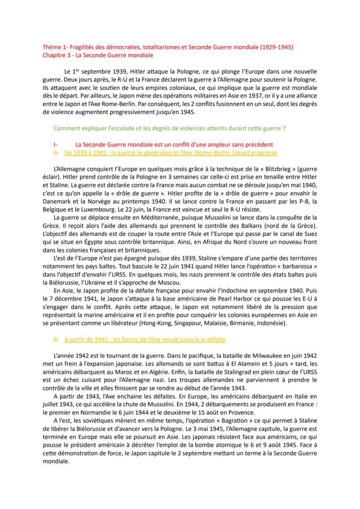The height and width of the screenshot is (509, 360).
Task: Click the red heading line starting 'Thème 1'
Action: coord(167,47)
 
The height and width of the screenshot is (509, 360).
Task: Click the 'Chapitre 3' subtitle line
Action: coord(97,55)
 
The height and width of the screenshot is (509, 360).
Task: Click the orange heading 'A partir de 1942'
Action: coord(145,339)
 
